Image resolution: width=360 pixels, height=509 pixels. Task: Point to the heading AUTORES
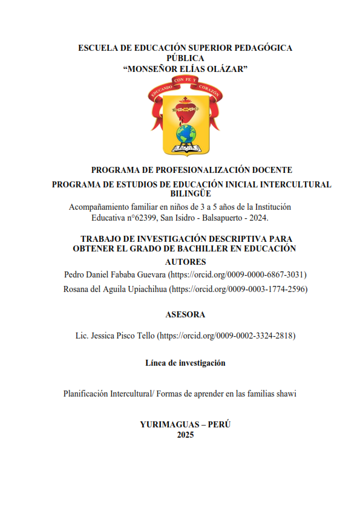tap(185, 262)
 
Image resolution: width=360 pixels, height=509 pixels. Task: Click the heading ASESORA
tap(185, 314)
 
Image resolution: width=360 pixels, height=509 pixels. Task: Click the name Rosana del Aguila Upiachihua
tap(115, 289)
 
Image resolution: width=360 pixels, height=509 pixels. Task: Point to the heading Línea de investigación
tap(185, 363)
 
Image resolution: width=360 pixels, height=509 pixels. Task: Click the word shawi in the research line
tap(285, 394)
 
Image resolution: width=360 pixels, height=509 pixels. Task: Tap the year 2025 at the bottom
tap(185, 434)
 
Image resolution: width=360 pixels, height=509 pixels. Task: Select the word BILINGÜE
tap(185, 193)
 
